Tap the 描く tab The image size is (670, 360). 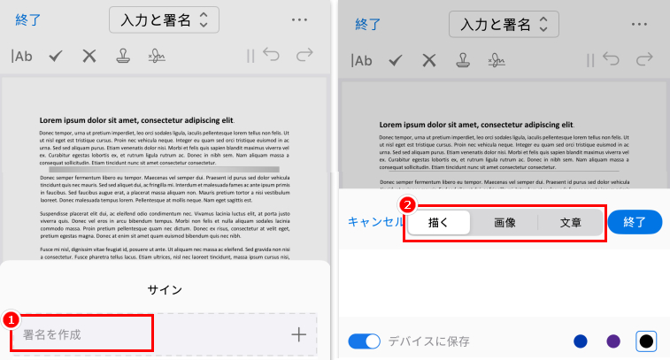coord(439,222)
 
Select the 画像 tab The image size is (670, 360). coord(504,222)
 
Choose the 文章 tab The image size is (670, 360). coord(571,222)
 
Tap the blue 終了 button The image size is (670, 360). coord(635,222)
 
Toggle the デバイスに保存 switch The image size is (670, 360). coord(364,341)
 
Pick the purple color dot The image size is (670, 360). coord(613,341)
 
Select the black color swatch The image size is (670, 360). coord(646,341)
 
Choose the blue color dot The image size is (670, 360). coord(581,341)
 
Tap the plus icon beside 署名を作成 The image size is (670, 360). coord(298,334)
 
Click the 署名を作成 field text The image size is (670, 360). coord(53,334)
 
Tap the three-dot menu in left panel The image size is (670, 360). coord(298,19)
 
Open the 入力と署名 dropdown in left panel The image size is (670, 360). coord(164,19)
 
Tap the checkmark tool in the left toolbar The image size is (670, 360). coord(56,57)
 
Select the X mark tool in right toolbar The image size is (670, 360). coord(429,60)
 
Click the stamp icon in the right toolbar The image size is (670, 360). coord(462,60)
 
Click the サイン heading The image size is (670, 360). coord(165,289)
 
